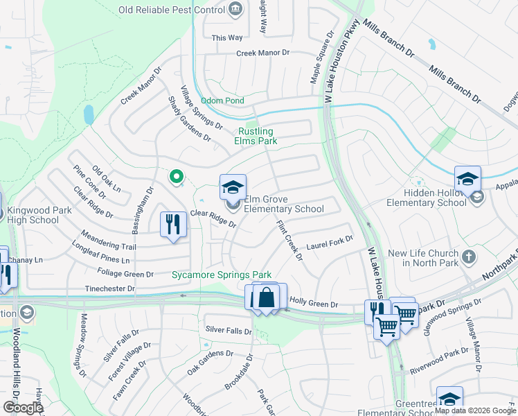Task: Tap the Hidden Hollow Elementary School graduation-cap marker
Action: point(467,179)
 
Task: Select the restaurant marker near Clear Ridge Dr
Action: point(172,225)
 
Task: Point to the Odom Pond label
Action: point(222,101)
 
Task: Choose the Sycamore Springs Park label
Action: point(222,275)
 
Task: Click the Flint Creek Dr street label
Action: point(289,241)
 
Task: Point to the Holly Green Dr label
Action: point(314,304)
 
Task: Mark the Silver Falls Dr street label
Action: point(229,330)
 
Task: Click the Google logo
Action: point(22,408)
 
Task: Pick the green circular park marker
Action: point(177,177)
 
